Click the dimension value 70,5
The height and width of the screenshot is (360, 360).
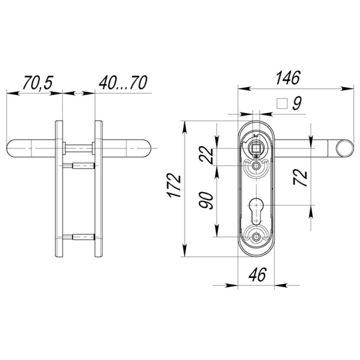pos(38,82)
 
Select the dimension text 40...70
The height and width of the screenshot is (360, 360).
pos(123,82)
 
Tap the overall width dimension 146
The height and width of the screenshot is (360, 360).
pos(288,78)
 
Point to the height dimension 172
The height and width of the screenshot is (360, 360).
pos(174,186)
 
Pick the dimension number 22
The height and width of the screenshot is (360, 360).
pos(206,156)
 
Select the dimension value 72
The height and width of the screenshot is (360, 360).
pos(300,177)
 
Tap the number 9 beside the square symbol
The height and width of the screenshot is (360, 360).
pos(297,103)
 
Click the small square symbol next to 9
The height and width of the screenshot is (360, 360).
pos(282,104)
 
